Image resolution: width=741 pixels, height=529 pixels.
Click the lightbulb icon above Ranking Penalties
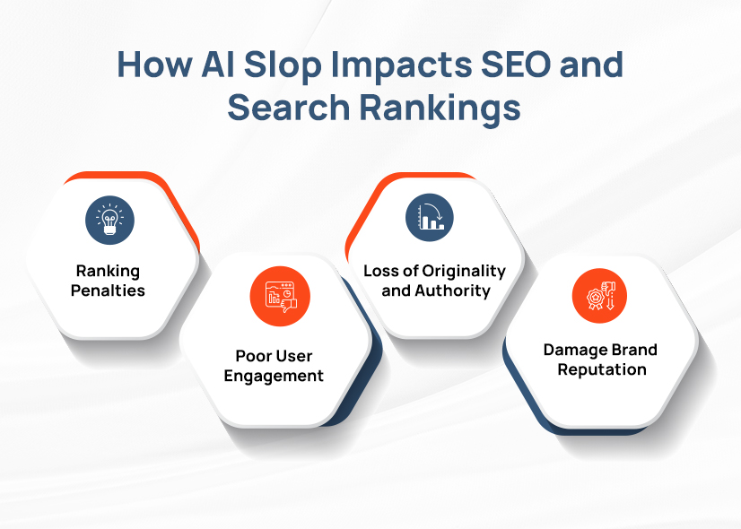coord(110,219)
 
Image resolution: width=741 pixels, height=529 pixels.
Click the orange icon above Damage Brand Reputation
coord(599,296)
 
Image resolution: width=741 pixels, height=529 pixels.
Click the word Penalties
coord(108,291)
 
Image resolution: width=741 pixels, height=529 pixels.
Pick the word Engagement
coord(274,377)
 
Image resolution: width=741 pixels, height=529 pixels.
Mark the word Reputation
coord(601,369)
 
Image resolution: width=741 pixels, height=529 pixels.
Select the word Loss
coord(380,271)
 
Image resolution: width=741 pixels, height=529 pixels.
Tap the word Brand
coord(633,350)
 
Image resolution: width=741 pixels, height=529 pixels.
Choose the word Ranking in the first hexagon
coord(108,271)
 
